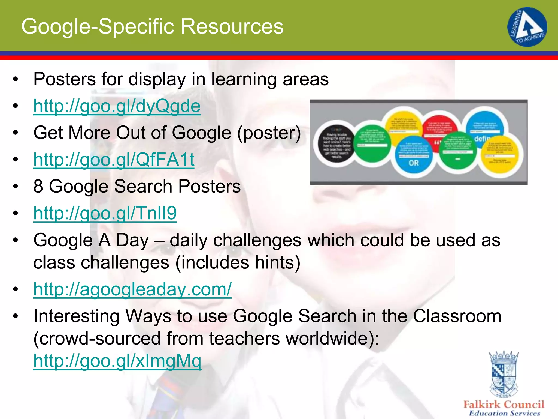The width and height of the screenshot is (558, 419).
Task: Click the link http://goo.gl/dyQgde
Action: tap(117, 106)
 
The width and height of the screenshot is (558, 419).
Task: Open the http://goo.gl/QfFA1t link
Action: tap(114, 160)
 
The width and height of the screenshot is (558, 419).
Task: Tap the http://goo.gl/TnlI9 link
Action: tap(105, 213)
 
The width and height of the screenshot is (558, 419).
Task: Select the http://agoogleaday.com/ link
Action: tap(132, 289)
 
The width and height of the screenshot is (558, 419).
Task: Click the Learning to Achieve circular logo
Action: tap(527, 27)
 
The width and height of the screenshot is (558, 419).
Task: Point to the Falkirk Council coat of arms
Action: tap(504, 374)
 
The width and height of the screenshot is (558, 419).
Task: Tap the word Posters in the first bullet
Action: tap(65, 79)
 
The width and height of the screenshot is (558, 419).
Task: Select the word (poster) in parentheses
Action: tap(269, 133)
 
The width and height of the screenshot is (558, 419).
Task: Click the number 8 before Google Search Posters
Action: tap(38, 186)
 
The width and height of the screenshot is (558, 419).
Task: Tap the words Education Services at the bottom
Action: tap(504, 413)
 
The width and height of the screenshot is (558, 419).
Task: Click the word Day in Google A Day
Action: tap(133, 240)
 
